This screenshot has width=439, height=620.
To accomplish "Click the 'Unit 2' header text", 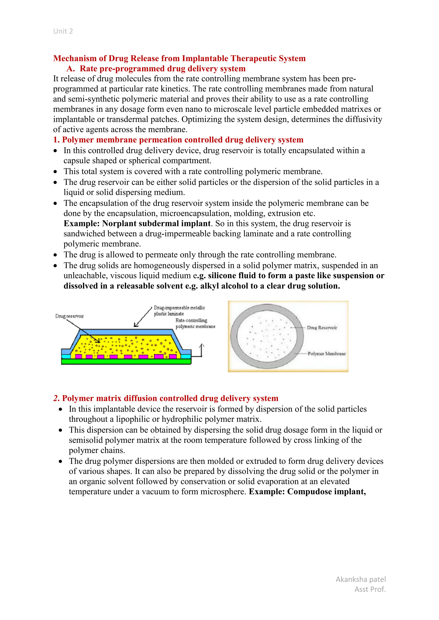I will [63, 31].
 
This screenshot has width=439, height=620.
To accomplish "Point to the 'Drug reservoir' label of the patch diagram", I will [69, 316].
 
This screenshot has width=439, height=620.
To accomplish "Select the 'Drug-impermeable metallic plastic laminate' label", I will [179, 311].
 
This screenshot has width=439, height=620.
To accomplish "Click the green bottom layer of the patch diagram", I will [126, 362].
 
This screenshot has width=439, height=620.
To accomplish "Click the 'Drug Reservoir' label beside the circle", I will [322, 328].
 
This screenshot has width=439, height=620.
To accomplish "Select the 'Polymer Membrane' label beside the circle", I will [326, 354].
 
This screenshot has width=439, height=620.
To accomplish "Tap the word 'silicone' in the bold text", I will [222, 276].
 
